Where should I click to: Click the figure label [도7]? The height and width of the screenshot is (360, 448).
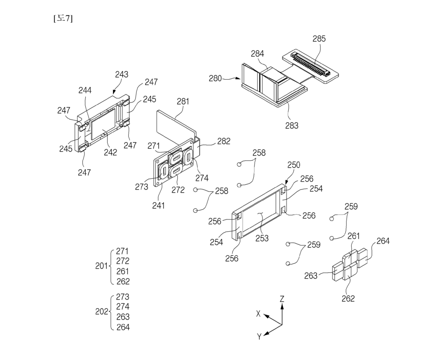[x=63, y=18]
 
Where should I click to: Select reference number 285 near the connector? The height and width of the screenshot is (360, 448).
[x=319, y=39]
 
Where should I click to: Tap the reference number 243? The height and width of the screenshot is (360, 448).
[x=122, y=74]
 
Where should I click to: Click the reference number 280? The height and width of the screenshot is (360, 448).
[x=215, y=79]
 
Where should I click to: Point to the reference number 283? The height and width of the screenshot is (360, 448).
[x=292, y=126]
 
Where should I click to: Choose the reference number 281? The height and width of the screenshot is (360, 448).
[x=183, y=101]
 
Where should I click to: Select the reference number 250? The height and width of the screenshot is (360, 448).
[x=294, y=165]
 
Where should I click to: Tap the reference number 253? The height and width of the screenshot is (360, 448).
[x=262, y=238]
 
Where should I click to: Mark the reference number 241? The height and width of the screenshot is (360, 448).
[x=158, y=205]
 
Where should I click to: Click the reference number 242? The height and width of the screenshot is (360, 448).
[x=110, y=152]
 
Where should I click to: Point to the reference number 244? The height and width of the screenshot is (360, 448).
[x=85, y=90]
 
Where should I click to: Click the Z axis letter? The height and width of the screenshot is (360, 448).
[x=282, y=299]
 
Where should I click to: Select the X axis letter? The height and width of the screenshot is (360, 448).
[x=259, y=314]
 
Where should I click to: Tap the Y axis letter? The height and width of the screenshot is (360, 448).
[x=259, y=336]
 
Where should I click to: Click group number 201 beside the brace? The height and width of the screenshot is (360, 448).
[x=101, y=266]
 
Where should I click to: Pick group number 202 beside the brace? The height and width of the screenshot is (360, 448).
[x=101, y=311]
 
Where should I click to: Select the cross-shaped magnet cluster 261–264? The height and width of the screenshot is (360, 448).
[x=350, y=265]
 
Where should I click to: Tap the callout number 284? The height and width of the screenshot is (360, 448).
[x=257, y=54]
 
